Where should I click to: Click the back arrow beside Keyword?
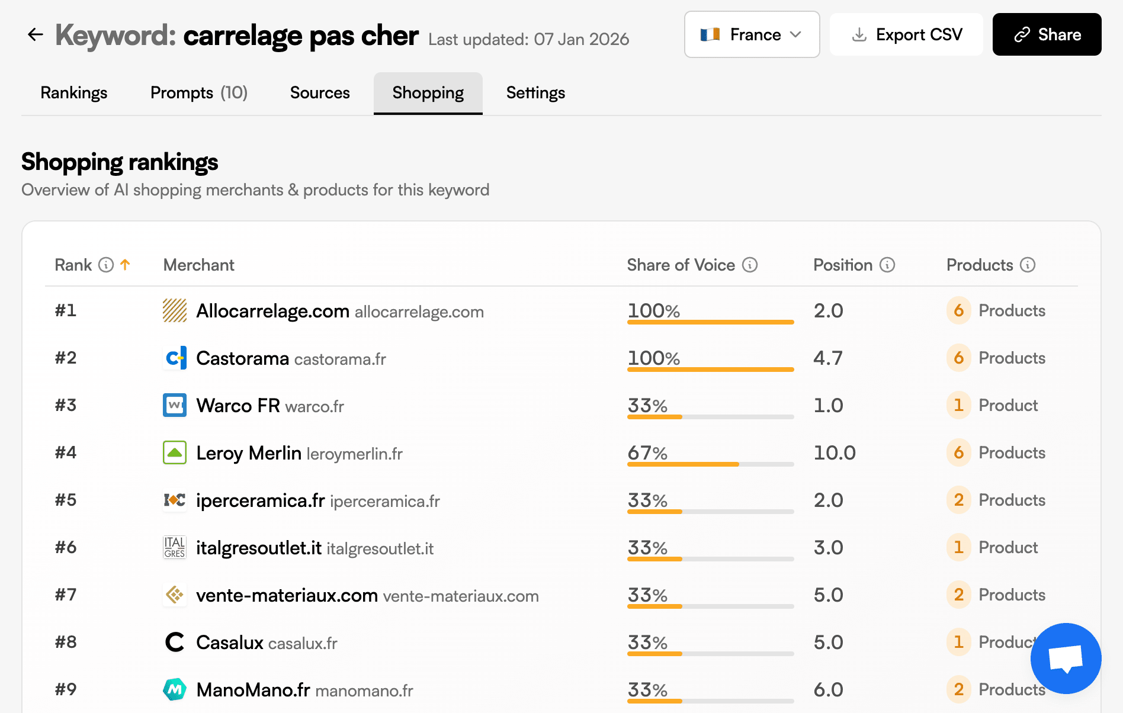point(36,34)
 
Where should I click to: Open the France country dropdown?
point(752,34)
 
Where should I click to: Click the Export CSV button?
point(906,34)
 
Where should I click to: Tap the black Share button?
point(1047,34)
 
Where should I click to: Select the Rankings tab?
point(74,93)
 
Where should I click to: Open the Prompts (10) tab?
point(199,93)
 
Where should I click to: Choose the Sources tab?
point(320,93)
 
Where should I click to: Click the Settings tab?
point(535,93)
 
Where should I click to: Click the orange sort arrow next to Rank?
point(125,265)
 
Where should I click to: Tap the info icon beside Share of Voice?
point(750,265)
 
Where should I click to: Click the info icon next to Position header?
point(887,265)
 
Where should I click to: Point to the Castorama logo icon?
point(175,358)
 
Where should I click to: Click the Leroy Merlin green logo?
point(175,452)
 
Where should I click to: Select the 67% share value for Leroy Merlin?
point(647,453)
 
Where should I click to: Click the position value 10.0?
point(835,453)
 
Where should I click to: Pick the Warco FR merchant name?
point(238,406)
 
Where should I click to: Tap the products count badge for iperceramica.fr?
point(958,500)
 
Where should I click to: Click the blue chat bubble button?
point(1066,658)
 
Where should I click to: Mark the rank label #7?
point(66,595)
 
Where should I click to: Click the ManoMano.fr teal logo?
point(175,689)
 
